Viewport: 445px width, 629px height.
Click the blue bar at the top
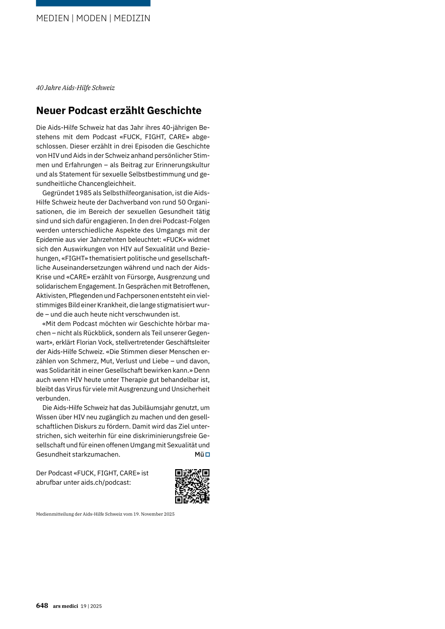pyautogui.click(x=93, y=3)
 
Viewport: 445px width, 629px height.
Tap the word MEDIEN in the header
pyautogui.click(x=53, y=18)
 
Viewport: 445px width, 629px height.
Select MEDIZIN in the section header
pyautogui.click(x=132, y=18)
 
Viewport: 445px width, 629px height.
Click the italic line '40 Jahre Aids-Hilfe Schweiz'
pyautogui.click(x=75, y=88)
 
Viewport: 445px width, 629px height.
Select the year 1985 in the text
pyautogui.click(x=83, y=193)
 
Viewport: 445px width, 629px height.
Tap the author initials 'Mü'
pyautogui.click(x=199, y=454)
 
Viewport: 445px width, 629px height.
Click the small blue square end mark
pyautogui.click(x=208, y=454)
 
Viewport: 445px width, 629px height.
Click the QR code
pyautogui.click(x=192, y=486)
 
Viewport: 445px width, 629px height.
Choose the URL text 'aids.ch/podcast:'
pyautogui.click(x=106, y=482)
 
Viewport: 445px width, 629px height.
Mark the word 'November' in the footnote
pyautogui.click(x=152, y=514)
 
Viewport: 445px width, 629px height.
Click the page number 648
pyautogui.click(x=42, y=606)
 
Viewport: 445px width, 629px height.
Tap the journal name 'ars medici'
pyautogui.click(x=66, y=606)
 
